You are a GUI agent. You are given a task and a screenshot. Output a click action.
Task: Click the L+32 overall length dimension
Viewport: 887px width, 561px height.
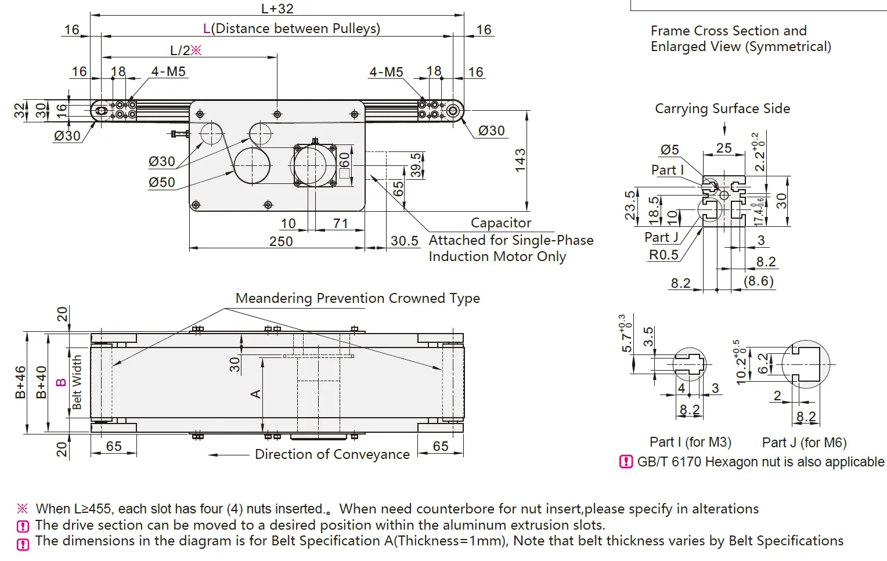pos(277,9)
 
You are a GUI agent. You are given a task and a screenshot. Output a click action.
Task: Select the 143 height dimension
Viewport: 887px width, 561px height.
pos(520,160)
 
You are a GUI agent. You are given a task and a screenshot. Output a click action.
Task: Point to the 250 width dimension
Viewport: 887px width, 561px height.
pos(281,241)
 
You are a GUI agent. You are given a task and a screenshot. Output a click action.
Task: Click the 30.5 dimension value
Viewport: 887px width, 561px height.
pos(404,241)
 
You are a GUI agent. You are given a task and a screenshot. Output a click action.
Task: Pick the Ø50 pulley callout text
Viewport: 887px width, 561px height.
pos(161,182)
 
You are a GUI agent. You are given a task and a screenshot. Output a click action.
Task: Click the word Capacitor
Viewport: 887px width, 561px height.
pos(500,223)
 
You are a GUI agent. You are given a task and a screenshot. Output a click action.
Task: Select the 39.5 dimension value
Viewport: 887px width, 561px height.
pos(416,165)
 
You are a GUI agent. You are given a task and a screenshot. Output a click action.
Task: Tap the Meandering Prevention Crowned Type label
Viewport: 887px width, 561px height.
pos(358,298)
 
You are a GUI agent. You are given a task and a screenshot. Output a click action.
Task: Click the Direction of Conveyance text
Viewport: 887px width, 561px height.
pos(332,454)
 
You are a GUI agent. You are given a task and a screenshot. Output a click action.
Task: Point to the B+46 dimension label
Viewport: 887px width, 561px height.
pos(20,382)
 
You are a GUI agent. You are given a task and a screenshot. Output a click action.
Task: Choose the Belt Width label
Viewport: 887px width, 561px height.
pos(77,382)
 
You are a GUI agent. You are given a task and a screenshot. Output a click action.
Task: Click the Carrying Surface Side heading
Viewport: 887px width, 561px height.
pos(722,108)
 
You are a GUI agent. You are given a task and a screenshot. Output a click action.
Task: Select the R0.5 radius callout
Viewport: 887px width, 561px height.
pos(664,255)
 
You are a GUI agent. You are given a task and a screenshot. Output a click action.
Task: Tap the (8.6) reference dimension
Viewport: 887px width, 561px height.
pos(759,281)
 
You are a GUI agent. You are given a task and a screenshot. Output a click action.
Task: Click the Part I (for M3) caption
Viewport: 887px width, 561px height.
pos(690,442)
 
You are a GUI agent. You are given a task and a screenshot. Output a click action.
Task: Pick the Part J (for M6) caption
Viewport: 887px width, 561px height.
pos(804,443)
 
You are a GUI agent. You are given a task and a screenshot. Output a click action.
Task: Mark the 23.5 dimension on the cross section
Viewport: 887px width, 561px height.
pos(630,205)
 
